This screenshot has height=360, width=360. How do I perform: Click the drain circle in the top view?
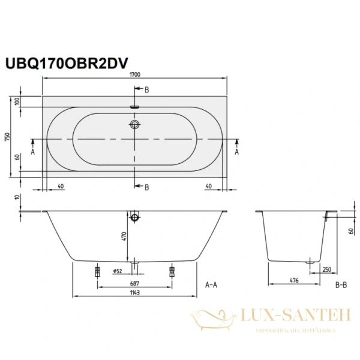click(x=135, y=125)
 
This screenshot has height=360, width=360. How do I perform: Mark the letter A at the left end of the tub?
click(x=32, y=152)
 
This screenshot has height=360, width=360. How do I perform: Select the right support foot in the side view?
click(x=172, y=271)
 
